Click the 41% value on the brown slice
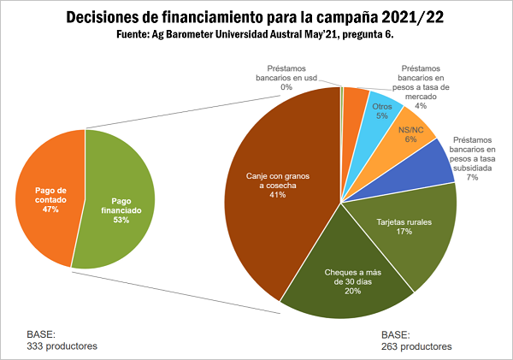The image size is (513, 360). (276, 195)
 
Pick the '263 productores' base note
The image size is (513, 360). (416, 346)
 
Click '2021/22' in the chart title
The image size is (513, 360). (404, 18)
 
